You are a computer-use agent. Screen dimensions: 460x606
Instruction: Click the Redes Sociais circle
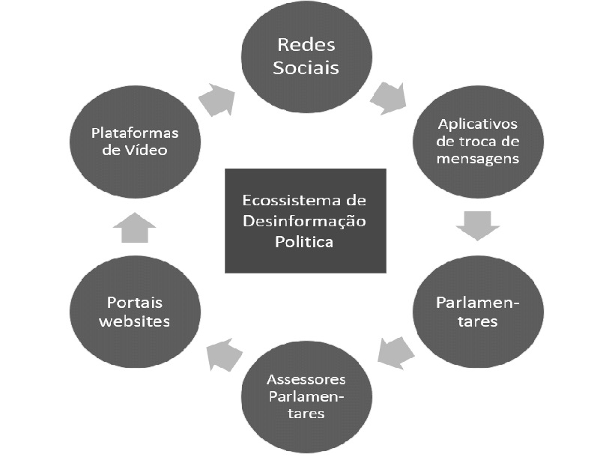coord(306,56)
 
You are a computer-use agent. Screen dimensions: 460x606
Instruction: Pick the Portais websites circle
coord(135,312)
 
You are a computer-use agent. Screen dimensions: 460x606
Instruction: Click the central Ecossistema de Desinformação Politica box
coord(306,221)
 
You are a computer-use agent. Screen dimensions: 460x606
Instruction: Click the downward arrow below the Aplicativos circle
coord(477,224)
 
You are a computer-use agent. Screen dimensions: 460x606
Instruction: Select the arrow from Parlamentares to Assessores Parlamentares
coord(395,351)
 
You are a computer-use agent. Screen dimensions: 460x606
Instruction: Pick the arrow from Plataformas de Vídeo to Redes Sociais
coord(216,99)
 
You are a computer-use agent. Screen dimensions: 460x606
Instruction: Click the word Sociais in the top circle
coord(306,67)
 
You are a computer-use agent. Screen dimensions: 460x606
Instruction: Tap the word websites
coord(135,321)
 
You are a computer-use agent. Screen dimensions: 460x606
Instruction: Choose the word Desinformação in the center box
coord(306,222)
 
